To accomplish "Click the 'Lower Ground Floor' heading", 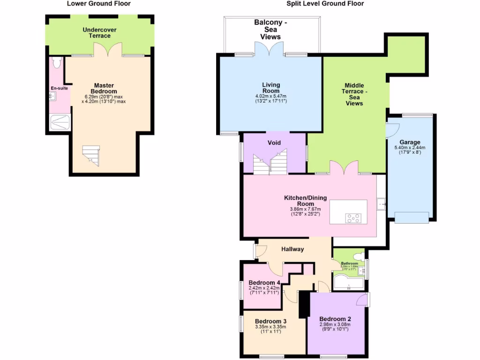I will [x=98, y=4].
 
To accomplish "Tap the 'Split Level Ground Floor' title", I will [x=325, y=4].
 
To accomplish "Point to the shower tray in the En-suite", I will [x=60, y=123].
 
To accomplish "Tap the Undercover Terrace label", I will [x=99, y=33].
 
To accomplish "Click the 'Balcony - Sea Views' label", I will [x=270, y=30].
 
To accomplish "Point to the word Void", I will [x=274, y=142].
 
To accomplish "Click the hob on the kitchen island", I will [x=353, y=217].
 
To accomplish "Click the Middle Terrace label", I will [x=354, y=94].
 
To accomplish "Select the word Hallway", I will [x=293, y=249].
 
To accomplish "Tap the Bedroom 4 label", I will [x=264, y=283].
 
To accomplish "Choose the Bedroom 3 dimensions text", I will [x=271, y=329].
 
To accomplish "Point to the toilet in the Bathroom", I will [x=358, y=256].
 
